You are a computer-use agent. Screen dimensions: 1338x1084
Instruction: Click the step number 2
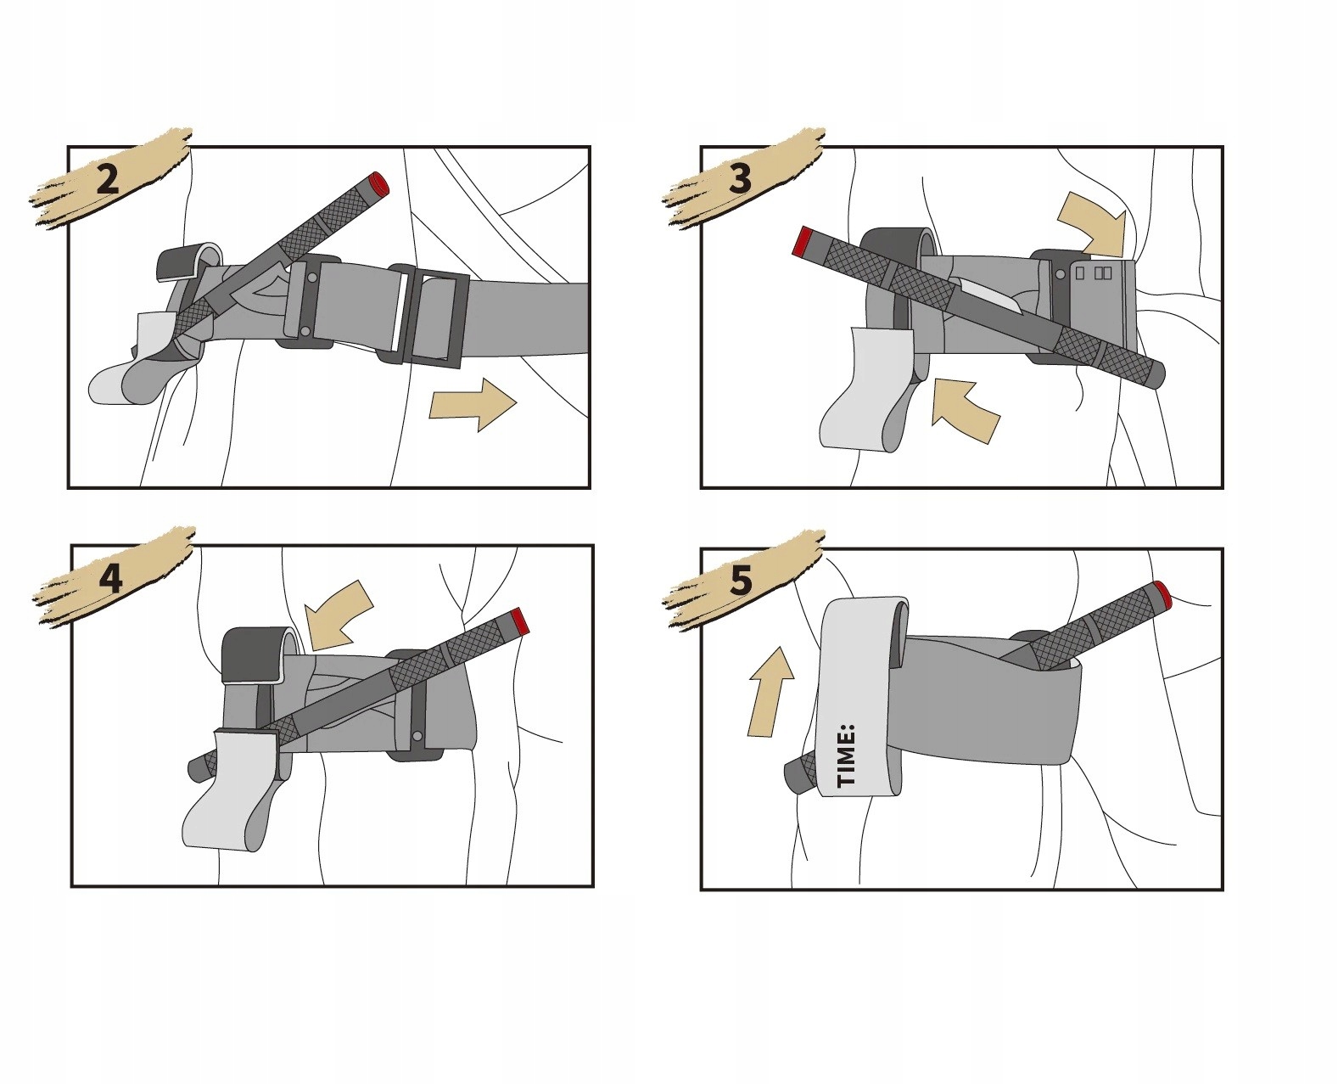(x=108, y=179)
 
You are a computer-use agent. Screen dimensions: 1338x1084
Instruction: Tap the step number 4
(x=110, y=579)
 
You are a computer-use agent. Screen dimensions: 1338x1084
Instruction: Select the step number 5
(x=742, y=580)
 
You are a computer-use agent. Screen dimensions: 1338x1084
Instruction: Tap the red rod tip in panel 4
(x=520, y=621)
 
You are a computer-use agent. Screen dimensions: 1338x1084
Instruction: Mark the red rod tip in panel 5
(x=1162, y=594)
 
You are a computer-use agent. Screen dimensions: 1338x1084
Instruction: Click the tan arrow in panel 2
(x=473, y=404)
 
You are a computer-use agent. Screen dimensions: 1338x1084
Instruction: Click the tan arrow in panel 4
(x=339, y=615)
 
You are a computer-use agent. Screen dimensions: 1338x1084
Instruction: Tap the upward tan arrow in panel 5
(x=770, y=691)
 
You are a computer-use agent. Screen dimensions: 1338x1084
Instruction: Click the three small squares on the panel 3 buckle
(x=1094, y=273)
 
